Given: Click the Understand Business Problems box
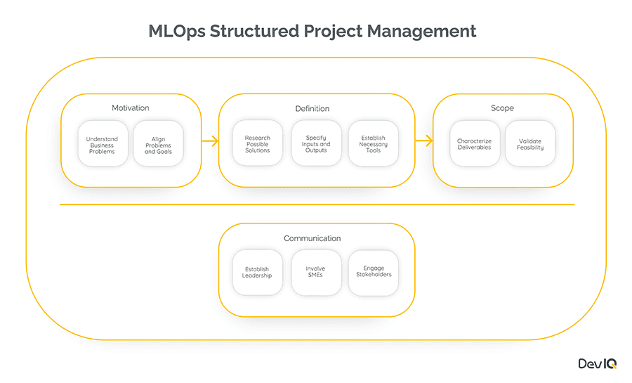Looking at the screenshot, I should point(103,143).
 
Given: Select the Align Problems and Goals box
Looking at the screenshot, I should point(158,143).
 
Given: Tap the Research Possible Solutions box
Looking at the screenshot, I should point(258,143).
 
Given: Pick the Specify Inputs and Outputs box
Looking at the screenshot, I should point(317,143).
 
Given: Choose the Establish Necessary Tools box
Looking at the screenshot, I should point(374,143).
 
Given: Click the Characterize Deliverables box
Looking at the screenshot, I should point(475,143).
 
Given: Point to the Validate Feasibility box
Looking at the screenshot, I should point(530,143).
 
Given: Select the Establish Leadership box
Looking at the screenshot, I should point(257,272).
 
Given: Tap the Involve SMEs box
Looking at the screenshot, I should point(316,272).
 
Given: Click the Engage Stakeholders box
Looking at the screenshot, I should point(374,272).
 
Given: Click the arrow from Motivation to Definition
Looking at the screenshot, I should point(210,141).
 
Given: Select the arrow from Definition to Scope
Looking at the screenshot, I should point(423,141).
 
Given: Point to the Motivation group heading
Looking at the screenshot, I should point(131,108).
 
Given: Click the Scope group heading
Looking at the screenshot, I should point(502,108).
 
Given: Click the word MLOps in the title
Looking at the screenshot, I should point(178,32).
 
